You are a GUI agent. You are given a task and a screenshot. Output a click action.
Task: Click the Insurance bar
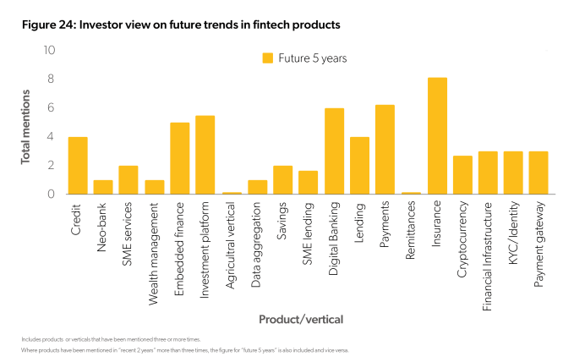click(436, 136)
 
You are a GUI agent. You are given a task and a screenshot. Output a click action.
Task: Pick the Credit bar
click(78, 166)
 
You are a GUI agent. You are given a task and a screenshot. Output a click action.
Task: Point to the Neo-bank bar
click(103, 187)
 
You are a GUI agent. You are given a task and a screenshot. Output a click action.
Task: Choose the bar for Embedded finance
click(180, 158)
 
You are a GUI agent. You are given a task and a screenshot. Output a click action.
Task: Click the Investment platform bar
click(205, 155)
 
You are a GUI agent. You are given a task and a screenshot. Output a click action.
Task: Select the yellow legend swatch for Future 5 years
click(268, 58)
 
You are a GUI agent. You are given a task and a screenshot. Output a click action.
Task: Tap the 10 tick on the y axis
click(50, 51)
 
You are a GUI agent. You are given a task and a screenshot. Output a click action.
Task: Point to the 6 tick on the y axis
click(51, 108)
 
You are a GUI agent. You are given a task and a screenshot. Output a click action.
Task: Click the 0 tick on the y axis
click(51, 195)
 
